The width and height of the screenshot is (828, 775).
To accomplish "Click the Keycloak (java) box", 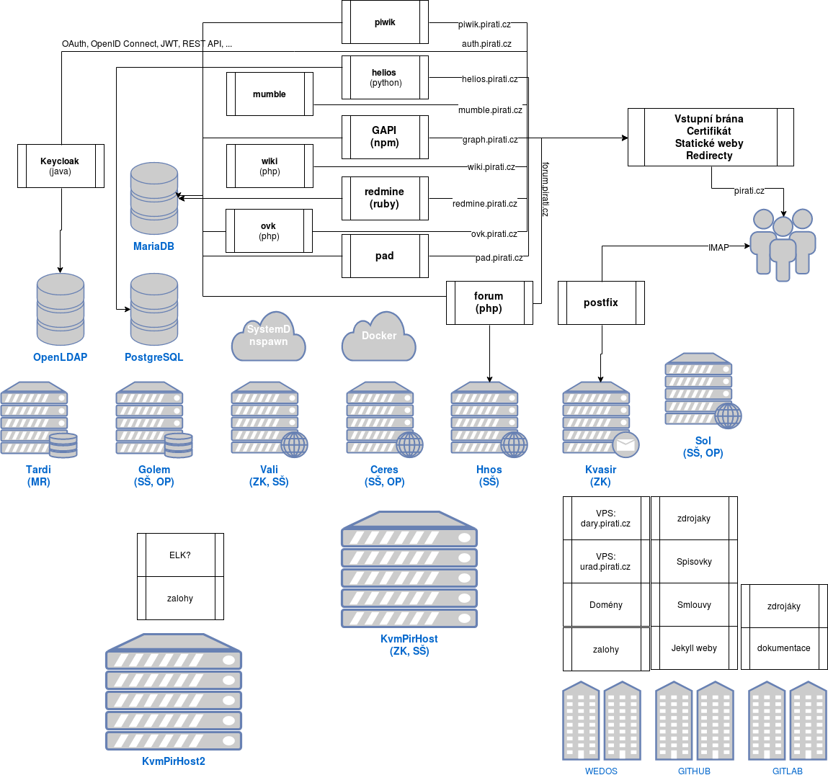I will click(61, 166).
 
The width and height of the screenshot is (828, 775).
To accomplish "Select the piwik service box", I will click(385, 22).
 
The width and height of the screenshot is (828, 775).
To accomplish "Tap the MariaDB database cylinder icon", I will click(154, 198).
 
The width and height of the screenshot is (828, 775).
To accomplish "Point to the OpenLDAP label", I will click(60, 357).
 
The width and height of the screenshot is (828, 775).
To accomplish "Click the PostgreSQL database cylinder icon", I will click(154, 309).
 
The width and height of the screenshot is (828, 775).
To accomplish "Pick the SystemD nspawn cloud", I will click(269, 336).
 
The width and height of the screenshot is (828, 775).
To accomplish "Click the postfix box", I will click(601, 303).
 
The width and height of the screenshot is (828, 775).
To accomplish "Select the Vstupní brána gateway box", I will click(710, 137).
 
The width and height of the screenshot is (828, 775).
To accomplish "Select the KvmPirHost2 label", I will click(174, 761).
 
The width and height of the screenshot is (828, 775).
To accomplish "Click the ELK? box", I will click(180, 555).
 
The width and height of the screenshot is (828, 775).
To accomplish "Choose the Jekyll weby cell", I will click(694, 648).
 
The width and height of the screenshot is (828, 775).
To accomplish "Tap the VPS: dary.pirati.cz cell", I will click(605, 519).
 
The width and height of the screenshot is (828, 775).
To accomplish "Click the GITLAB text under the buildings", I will click(787, 771).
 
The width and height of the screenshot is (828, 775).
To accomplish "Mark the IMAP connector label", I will click(718, 247).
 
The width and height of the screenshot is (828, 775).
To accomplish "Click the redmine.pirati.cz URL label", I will click(484, 204).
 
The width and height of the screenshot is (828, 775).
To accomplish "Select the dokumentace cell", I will click(783, 648).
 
